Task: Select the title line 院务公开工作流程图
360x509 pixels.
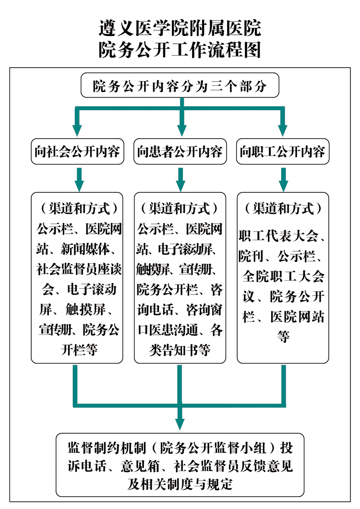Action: point(180,50)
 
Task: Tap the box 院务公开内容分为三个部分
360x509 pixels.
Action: point(180,85)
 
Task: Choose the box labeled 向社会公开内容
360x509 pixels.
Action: point(78,152)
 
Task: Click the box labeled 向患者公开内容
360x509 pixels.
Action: point(180,152)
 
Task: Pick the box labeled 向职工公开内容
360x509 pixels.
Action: point(283,152)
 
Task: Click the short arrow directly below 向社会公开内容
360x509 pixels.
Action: point(79,179)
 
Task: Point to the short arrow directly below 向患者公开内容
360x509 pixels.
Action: point(180,179)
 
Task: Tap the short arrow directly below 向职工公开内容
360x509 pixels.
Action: point(283,179)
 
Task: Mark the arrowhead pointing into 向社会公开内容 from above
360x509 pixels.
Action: point(77,130)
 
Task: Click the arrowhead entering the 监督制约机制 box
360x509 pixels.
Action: point(180,424)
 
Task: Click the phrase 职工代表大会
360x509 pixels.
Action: point(278,236)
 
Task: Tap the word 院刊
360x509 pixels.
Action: point(251,256)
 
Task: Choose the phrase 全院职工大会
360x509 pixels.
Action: point(283,276)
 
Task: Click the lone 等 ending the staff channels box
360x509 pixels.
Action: point(283,337)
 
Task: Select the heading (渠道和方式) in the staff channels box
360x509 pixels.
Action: point(283,208)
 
